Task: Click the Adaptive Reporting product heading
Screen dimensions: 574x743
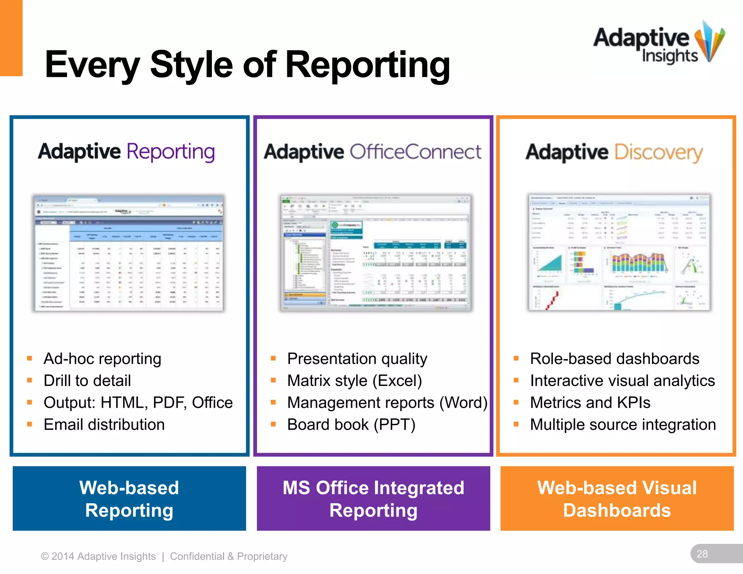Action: coord(126,152)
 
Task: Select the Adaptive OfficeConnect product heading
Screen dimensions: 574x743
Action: coord(373,152)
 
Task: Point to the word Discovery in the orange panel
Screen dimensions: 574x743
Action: coord(658,152)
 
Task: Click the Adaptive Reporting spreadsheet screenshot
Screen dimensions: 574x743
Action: coord(128,253)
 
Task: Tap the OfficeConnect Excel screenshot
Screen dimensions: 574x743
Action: coord(375,253)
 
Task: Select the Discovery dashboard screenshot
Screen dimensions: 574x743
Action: coord(619,252)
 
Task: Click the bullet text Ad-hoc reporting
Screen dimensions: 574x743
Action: coord(102,359)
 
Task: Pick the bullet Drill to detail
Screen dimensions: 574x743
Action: coord(87,381)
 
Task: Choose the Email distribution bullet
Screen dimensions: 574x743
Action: coord(104,425)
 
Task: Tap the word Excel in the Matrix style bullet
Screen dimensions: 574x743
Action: coord(398,381)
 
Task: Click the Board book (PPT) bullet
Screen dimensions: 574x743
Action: coord(351,425)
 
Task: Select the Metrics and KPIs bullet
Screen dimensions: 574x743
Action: coord(590,403)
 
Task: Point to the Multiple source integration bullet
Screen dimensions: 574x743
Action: coord(623,425)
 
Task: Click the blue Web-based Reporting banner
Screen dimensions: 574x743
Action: coord(129,499)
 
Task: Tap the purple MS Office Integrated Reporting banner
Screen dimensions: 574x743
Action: coord(373,499)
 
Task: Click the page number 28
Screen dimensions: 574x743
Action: coord(702,554)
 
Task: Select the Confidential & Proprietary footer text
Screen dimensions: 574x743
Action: coord(229,556)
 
